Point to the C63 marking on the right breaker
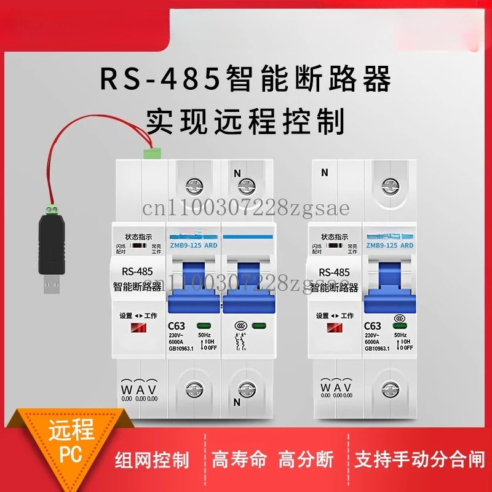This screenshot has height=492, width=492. point(373,325)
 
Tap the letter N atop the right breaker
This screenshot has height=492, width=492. point(324,173)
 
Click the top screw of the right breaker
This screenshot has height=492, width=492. point(392,183)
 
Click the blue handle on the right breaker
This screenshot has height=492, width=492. point(390,280)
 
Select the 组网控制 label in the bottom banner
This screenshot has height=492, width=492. point(153,459)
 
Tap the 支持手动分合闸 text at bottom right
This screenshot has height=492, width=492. point(420,459)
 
